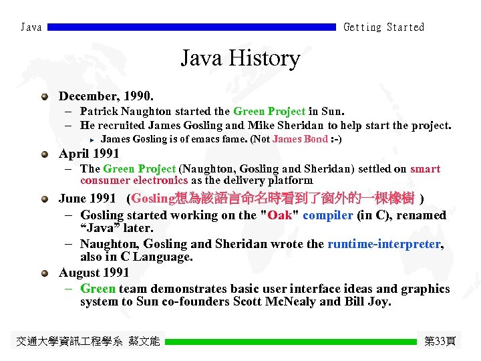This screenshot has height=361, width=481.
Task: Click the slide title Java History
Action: tap(240, 59)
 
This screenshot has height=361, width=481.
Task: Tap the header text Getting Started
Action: tap(383, 27)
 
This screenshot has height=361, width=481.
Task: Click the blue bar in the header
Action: tap(192, 27)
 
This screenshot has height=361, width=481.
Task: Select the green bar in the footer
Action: tap(291, 342)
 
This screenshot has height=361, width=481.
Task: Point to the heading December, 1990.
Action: tap(106, 96)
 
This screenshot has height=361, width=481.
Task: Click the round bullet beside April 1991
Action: tap(44, 154)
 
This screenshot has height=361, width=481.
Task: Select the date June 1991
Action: tap(87, 199)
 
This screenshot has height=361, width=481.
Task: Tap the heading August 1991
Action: tap(94, 273)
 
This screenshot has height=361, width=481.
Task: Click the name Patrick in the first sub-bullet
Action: tap(100, 111)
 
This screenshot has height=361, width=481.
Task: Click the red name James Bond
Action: tap(300, 139)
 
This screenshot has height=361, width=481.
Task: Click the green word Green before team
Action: tap(98, 289)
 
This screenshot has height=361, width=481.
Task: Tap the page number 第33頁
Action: tap(440, 342)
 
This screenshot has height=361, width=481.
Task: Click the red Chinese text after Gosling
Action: tap(294, 199)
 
